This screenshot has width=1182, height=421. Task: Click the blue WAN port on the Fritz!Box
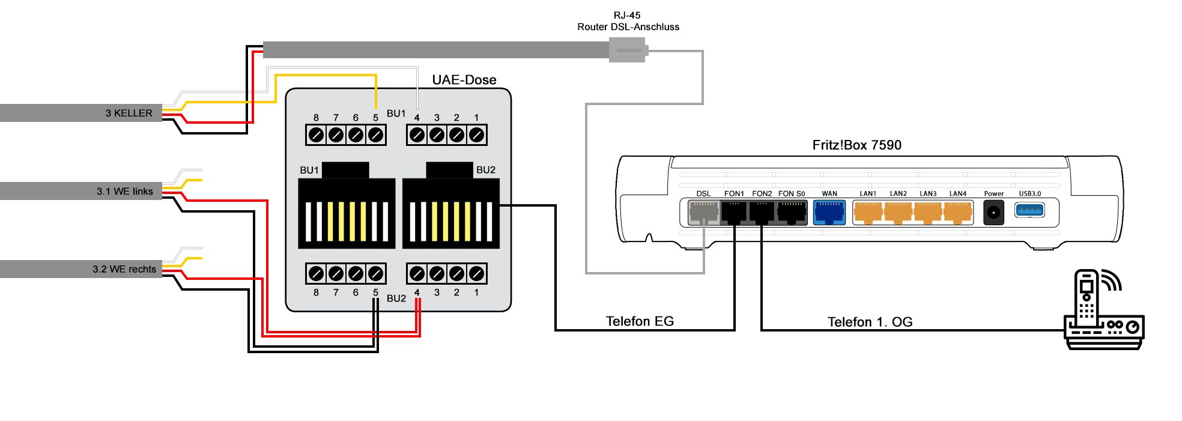pos(829,212)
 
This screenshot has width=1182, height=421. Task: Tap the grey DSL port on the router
pos(703,212)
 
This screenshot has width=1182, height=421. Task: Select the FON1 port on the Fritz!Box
pos(734,212)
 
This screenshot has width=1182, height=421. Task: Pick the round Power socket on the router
pos(993,213)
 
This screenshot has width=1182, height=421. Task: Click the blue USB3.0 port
pos(1029,210)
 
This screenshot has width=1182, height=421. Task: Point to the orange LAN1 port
pos(868,212)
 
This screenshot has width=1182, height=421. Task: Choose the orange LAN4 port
pos(958,212)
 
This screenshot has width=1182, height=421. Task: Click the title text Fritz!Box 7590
pos(856,145)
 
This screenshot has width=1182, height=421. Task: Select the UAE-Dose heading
pos(464,80)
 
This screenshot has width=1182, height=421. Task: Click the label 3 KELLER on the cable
pos(129,113)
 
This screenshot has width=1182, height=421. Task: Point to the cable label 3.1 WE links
pos(124,191)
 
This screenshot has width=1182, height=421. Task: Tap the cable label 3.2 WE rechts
pos(124,269)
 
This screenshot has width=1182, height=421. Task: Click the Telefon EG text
pos(640,321)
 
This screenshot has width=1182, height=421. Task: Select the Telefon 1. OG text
pos(870,322)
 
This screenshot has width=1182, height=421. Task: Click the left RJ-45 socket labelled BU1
pos(347,213)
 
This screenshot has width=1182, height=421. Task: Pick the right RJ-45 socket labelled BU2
pos(450,213)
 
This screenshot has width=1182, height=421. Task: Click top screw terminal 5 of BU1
pos(375,135)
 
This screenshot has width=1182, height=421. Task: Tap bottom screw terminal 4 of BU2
pos(417,274)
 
